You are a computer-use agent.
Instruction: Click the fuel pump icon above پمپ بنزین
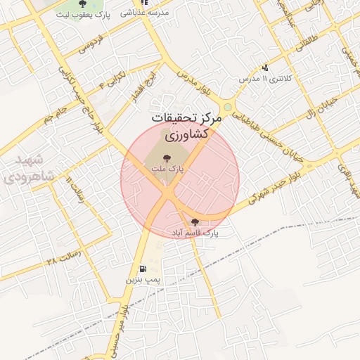(x=143, y=269)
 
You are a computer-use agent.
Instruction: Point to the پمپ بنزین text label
(x=143, y=280)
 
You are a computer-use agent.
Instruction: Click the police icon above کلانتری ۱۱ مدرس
(x=265, y=68)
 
